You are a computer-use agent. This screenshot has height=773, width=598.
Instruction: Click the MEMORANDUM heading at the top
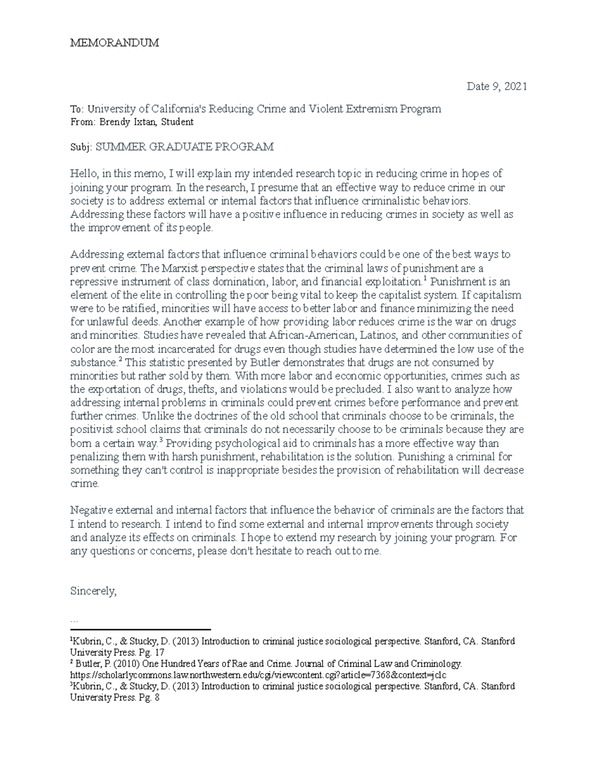point(115,43)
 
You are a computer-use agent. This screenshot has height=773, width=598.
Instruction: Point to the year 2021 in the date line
point(515,87)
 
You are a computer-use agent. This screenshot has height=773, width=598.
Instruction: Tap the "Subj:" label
point(81,147)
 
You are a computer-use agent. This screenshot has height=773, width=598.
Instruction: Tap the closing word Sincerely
point(93,591)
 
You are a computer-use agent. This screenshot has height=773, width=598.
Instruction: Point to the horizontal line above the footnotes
point(141,630)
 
